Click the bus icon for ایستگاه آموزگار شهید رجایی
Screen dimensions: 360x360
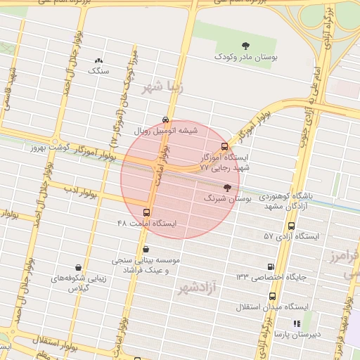pos(224,147)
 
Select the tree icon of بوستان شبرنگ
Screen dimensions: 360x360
pos(226,188)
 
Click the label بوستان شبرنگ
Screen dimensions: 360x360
pos(222,199)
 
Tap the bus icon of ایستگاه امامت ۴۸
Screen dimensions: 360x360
pos(146,212)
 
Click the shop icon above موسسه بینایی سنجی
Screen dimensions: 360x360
pos(146,249)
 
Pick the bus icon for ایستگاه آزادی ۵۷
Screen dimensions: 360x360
pos(291,226)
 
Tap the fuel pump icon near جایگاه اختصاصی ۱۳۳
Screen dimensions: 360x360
pos(271,266)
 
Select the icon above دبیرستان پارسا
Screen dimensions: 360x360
pos(297,323)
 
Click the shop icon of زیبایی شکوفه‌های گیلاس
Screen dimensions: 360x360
pos(77,268)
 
